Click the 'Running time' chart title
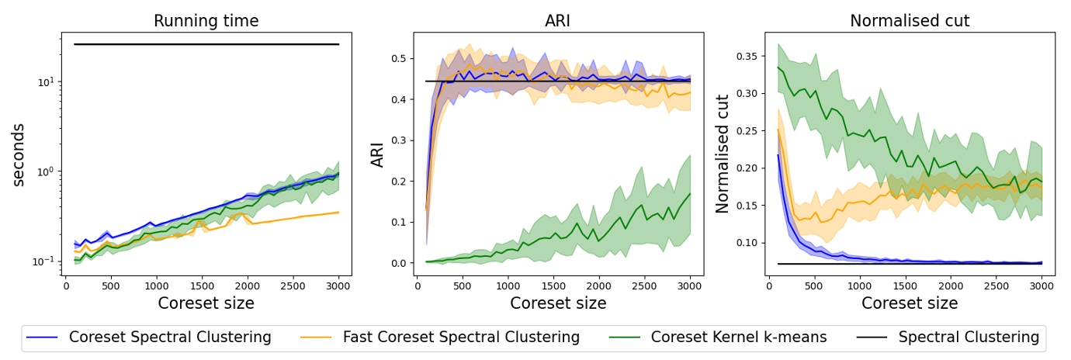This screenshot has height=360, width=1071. pyautogui.click(x=206, y=21)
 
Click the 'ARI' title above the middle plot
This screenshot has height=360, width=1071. pyautogui.click(x=558, y=21)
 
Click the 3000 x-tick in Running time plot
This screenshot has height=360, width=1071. pyautogui.click(x=338, y=286)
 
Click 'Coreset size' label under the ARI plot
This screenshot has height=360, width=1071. pyautogui.click(x=558, y=303)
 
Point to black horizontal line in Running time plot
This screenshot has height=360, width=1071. pyautogui.click(x=206, y=44)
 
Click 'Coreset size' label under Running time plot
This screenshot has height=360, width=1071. pyautogui.click(x=206, y=303)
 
